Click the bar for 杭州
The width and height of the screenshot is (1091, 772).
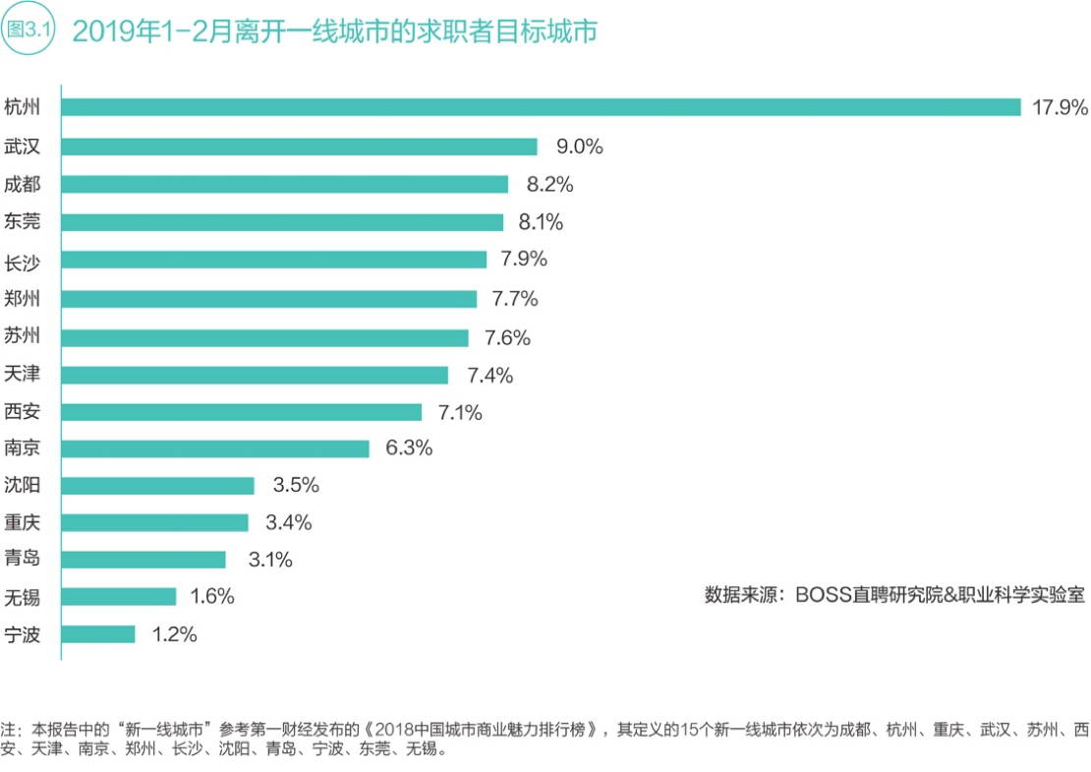tap(541, 107)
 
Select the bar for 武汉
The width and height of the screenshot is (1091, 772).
tap(299, 147)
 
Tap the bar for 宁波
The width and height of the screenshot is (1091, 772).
tap(98, 634)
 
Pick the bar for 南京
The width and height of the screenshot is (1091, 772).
tap(215, 448)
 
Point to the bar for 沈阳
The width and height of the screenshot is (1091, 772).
tap(157, 486)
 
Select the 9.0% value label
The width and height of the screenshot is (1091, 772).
tap(579, 147)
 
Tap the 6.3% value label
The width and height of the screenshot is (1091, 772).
tap(409, 448)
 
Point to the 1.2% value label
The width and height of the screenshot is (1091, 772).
tap(174, 634)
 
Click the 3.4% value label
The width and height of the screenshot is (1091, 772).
tap(288, 522)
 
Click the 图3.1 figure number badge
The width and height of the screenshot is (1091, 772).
tap(29, 30)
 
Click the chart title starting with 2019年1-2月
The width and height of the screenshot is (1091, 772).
tap(334, 31)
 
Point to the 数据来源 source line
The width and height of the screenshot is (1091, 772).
tap(894, 595)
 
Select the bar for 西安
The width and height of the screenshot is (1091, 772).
tap(241, 412)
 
